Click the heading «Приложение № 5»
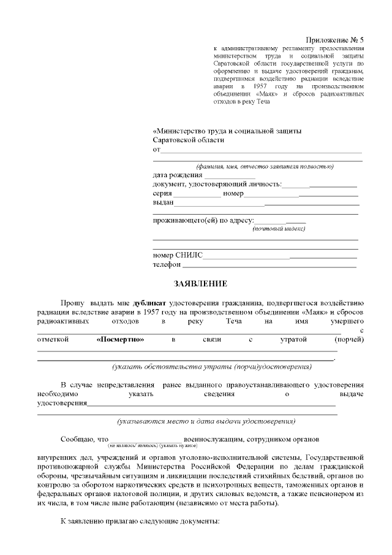pyautogui.click(x=335, y=39)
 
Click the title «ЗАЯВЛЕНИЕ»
pyautogui.click(x=200, y=283)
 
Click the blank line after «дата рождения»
pyautogui.click(x=230, y=175)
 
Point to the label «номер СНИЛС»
pyautogui.click(x=178, y=255)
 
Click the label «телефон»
pyautogui.click(x=167, y=265)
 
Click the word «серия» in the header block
pyautogui.click(x=162, y=193)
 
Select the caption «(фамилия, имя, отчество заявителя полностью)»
pyautogui.click(x=265, y=166)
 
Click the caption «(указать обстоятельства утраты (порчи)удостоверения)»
pyautogui.click(x=211, y=367)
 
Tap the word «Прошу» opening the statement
pyautogui.click(x=72, y=302)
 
